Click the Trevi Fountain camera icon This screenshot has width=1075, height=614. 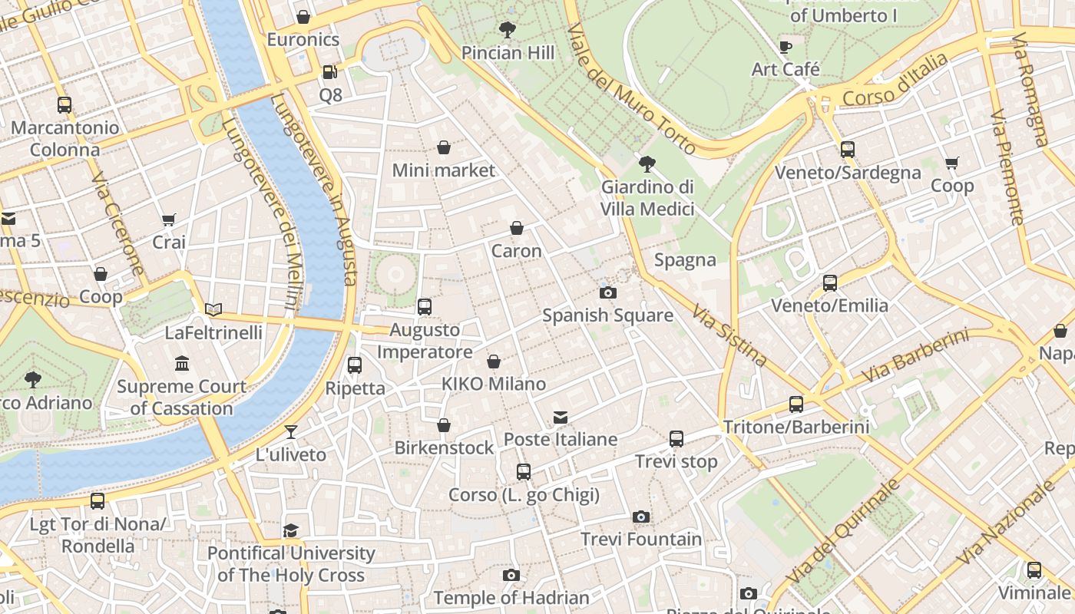(641, 517)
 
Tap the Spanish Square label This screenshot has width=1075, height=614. (607, 315)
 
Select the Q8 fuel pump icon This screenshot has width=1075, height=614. (330, 72)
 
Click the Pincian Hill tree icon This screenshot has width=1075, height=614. (507, 30)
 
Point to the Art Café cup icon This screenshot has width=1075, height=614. (786, 47)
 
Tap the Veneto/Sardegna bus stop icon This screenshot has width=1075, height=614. (847, 150)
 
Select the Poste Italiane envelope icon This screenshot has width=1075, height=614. (561, 418)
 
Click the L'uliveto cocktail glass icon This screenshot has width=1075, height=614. (291, 432)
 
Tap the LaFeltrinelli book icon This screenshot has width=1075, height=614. (213, 310)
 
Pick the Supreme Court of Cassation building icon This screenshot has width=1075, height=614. (182, 363)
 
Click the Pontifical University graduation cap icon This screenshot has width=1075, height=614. (290, 530)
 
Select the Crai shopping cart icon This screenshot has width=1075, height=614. (169, 220)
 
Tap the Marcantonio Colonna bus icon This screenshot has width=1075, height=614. (64, 105)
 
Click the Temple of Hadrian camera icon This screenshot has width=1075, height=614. (511, 576)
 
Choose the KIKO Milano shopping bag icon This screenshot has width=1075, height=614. (494, 361)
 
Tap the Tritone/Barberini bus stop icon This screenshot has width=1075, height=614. (796, 404)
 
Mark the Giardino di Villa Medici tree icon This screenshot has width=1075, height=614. (647, 163)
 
